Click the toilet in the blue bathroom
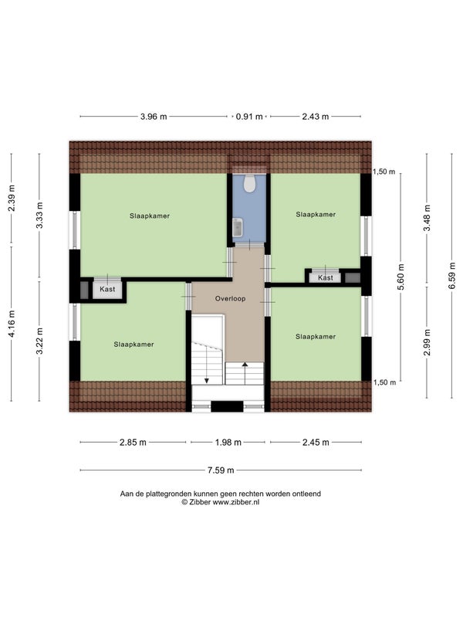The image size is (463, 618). click(x=249, y=184)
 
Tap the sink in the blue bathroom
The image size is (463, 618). click(x=238, y=227)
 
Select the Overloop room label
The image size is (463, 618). click(x=230, y=299)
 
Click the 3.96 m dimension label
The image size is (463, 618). click(x=154, y=117)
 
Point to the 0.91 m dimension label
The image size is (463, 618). click(x=249, y=117)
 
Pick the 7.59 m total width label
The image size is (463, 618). click(x=221, y=470)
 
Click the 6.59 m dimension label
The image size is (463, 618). click(x=452, y=276)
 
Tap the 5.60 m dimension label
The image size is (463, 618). click(x=401, y=277)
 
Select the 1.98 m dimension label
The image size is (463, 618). click(x=228, y=443)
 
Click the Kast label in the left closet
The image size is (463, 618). click(x=107, y=289)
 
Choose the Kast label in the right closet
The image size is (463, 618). click(x=326, y=278)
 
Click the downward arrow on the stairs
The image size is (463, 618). click(x=207, y=369)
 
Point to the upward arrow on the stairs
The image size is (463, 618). click(x=245, y=373)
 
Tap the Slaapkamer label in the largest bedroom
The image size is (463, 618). click(x=150, y=216)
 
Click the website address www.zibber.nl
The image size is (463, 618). click(x=236, y=502)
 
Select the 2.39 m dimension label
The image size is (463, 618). click(x=12, y=199)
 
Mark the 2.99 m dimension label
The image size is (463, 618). click(x=428, y=342)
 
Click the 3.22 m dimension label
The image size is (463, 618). click(x=39, y=341)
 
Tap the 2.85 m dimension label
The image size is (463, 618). click(x=133, y=443)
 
